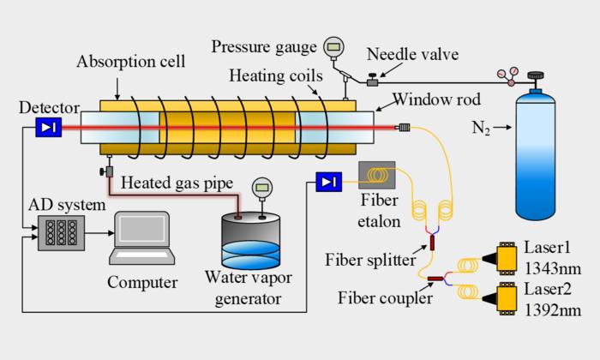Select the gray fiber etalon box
[376, 177]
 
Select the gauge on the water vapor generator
[260, 188]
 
